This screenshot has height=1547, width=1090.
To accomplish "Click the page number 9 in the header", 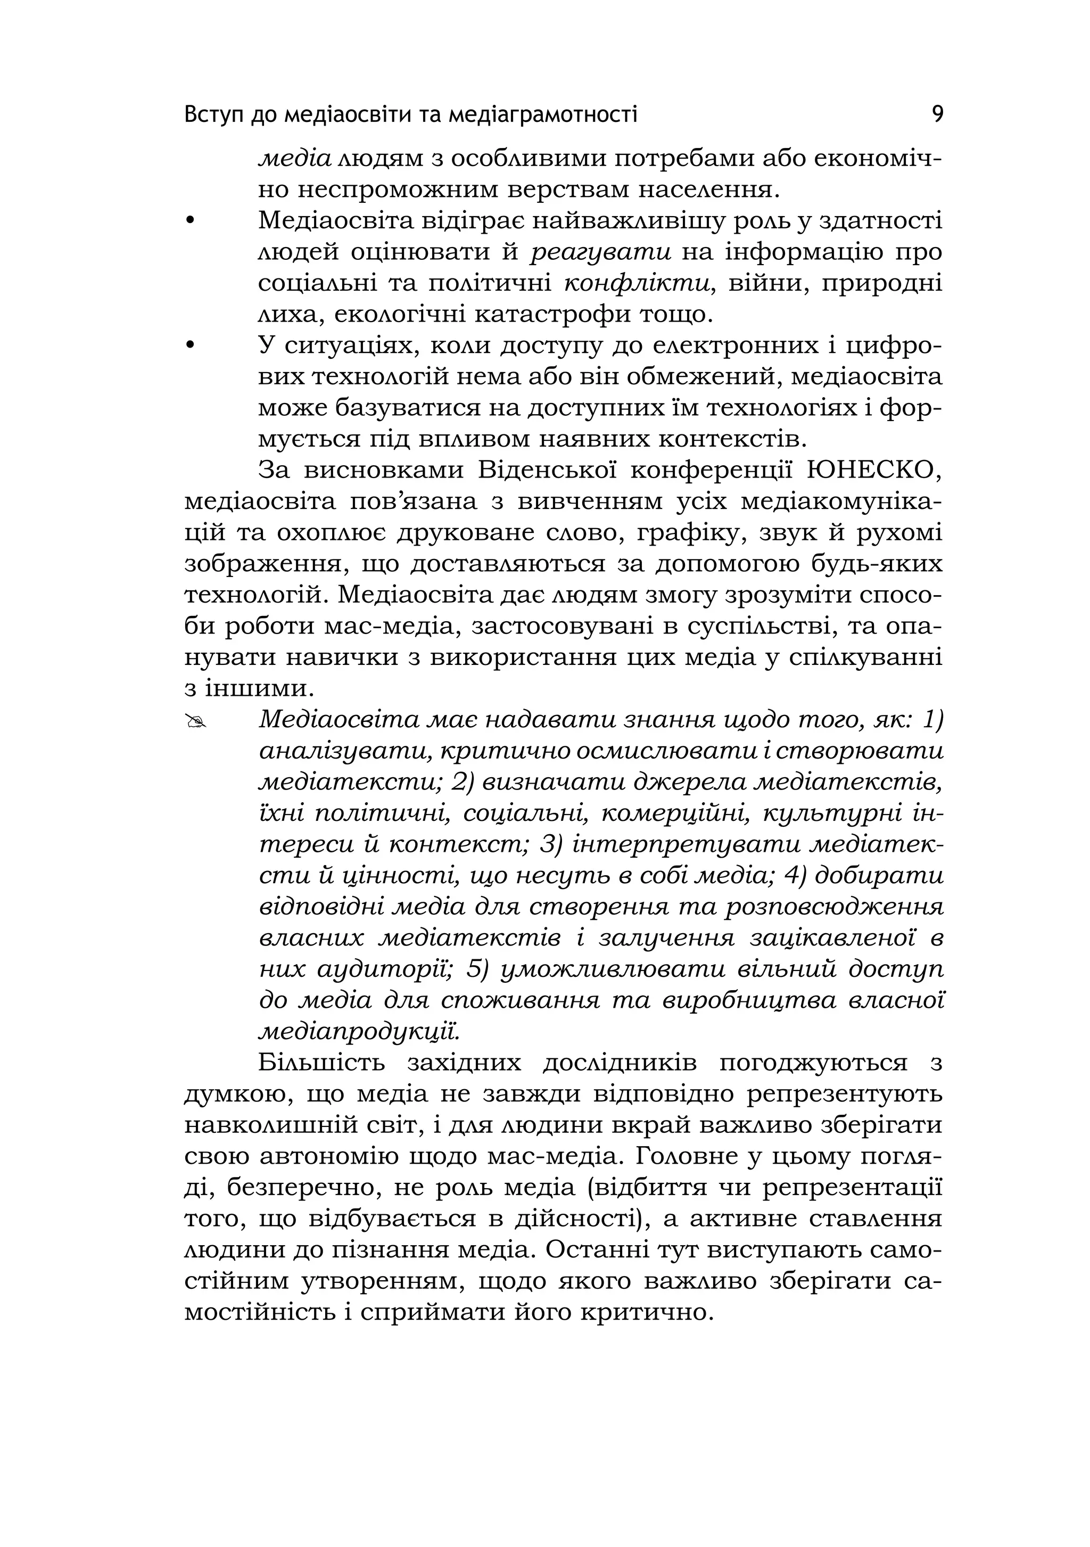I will pyautogui.click(x=937, y=114).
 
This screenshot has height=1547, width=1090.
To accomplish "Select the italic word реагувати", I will pyautogui.click(x=601, y=253).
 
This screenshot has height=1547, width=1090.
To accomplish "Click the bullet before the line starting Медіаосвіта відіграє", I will pyautogui.click(x=190, y=221).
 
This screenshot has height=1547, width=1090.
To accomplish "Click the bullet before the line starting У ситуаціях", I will pyautogui.click(x=190, y=345).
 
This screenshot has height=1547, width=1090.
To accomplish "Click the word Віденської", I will pyautogui.click(x=547, y=470).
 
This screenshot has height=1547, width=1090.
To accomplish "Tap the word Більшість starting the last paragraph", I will pyautogui.click(x=321, y=1063).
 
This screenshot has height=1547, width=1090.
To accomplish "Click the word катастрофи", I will pyautogui.click(x=552, y=315).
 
